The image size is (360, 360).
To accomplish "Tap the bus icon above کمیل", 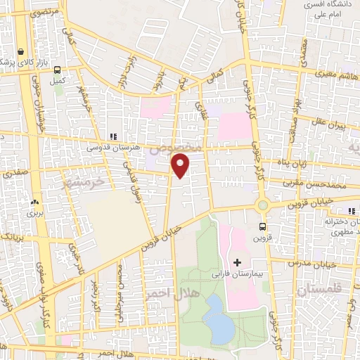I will point(58,70).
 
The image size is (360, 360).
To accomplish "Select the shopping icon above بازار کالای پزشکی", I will point(22,51).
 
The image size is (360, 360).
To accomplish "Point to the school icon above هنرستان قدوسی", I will point(112,136).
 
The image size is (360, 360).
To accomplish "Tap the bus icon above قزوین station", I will point(262,226).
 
